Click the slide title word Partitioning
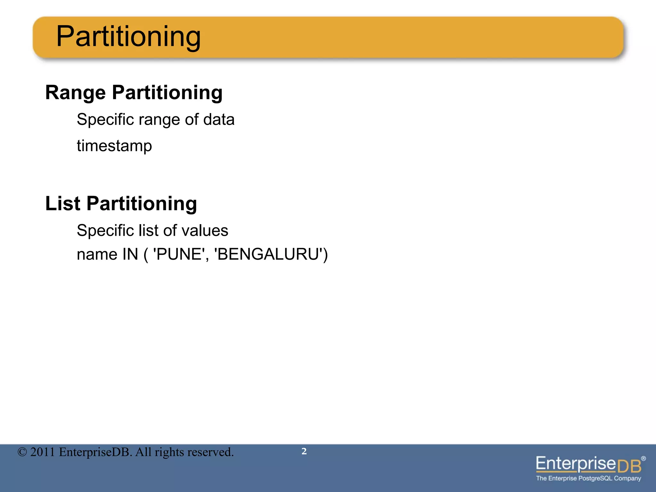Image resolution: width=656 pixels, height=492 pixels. coord(128,37)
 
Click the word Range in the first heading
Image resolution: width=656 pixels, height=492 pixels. coord(75,93)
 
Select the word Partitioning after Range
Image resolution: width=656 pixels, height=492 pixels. coord(167,93)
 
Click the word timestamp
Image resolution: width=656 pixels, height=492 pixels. coord(114,146)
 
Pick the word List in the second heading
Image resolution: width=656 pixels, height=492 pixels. coord(63,204)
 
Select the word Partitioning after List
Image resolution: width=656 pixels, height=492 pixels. coord(142,204)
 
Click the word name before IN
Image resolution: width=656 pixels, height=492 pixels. coord(97,255)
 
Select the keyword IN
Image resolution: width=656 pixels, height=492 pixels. coord(130,255)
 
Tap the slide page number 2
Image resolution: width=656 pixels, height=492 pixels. coord(304,451)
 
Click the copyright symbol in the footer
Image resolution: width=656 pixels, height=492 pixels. coord(22,452)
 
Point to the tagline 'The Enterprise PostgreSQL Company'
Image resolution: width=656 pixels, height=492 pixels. coord(588,479)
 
